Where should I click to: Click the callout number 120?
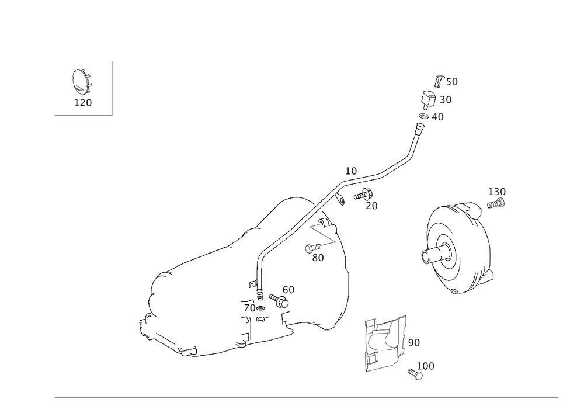[x=83, y=103]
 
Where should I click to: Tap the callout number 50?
[x=452, y=82]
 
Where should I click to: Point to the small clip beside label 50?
[x=439, y=81]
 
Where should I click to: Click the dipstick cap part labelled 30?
[x=428, y=99]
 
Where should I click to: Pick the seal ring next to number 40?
[x=423, y=116]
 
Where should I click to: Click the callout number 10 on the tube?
[x=351, y=171]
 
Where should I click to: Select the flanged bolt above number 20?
[x=363, y=195]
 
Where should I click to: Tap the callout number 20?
[x=371, y=206]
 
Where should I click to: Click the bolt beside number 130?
[x=496, y=204]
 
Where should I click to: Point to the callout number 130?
[x=497, y=192]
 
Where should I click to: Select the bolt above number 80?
[x=313, y=248]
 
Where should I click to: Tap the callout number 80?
[x=318, y=258]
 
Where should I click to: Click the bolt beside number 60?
[x=279, y=300]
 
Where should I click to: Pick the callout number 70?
[x=249, y=308]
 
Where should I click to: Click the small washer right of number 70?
[x=260, y=308]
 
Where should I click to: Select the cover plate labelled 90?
[x=385, y=343]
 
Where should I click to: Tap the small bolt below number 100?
[x=415, y=374]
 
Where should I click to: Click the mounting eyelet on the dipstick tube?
[x=340, y=200]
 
